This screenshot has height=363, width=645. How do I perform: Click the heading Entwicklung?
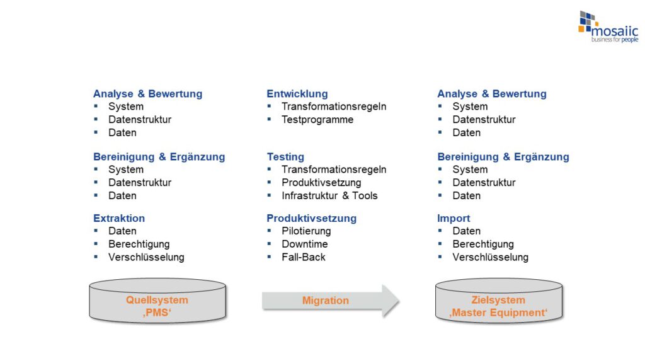pos(297,94)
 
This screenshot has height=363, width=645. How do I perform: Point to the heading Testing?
pos(285,156)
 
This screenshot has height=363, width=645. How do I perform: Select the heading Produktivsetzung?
pos(311,218)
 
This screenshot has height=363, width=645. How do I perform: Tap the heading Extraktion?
pos(119,218)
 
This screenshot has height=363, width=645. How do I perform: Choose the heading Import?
pos(454,218)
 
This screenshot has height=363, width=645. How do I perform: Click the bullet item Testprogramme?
pos(317,120)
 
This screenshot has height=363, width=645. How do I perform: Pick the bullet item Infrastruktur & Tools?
pos(329,195)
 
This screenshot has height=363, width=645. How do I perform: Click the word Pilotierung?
pos(306,231)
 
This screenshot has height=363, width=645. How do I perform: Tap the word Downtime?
pos(304,244)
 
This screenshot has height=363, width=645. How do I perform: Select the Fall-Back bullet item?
pos(303,257)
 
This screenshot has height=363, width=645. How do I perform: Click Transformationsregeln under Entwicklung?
pos(334,107)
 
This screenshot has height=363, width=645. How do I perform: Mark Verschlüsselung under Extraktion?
pos(146,257)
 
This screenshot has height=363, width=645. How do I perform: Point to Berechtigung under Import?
pos(482,244)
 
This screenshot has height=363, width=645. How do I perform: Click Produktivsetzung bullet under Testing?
pos(321,183)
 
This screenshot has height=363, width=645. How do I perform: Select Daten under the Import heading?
pos(466,231)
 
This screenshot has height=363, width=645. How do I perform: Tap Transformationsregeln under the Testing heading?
pos(334,170)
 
